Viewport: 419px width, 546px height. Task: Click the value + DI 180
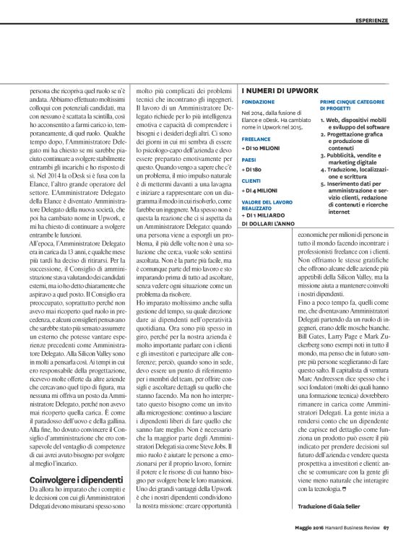[x=252, y=172]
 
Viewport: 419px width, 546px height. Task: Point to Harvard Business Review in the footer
[x=353, y=534]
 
